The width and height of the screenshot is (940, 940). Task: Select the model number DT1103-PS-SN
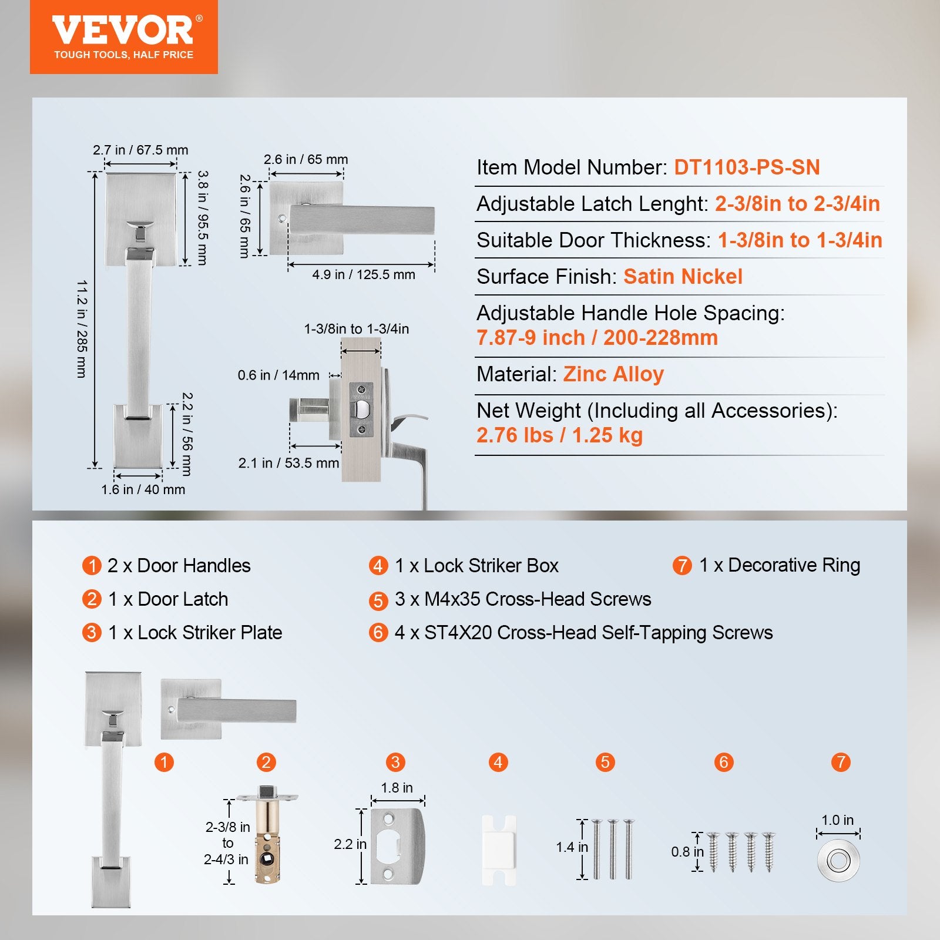[x=747, y=167]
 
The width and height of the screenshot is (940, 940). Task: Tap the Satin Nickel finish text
[x=683, y=277]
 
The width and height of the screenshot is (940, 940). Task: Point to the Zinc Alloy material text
[x=613, y=374]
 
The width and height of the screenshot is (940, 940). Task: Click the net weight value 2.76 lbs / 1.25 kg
[x=559, y=435]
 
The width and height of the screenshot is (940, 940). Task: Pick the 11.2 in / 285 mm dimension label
[x=82, y=329]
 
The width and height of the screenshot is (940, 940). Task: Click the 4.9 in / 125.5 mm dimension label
[x=363, y=275]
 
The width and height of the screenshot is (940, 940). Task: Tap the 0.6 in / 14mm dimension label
[x=278, y=375]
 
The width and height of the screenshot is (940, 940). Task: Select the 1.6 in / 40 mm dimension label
[x=143, y=489]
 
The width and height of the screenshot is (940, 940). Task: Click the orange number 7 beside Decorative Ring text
[x=681, y=566]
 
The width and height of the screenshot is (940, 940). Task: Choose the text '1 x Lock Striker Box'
[x=476, y=566]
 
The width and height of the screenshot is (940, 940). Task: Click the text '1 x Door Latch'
[x=168, y=599]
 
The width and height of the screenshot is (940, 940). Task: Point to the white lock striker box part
[x=498, y=850]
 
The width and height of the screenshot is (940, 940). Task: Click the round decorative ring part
[x=838, y=861]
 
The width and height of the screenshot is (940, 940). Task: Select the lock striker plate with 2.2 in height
[x=397, y=846]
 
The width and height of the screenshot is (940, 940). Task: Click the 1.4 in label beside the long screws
[x=572, y=847]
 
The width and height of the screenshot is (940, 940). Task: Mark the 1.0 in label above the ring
[x=837, y=820]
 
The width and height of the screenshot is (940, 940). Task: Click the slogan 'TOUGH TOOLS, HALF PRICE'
[x=123, y=55]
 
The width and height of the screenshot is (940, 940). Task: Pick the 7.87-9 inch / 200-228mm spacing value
[x=597, y=338]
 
